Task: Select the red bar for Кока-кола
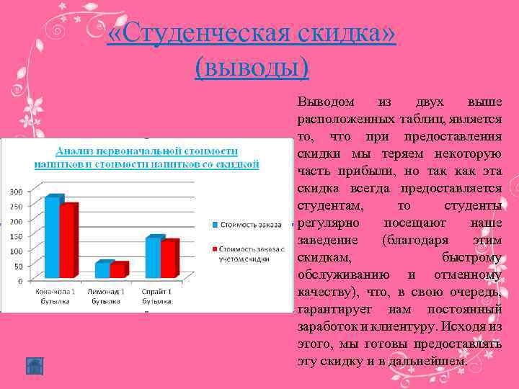67,241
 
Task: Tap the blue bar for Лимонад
102,269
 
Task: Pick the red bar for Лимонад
117,270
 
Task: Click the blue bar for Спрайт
153,257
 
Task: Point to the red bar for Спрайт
168,259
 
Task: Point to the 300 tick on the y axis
15,191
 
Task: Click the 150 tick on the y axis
15,235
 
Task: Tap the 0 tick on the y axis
20,279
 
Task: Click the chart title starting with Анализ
147,158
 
